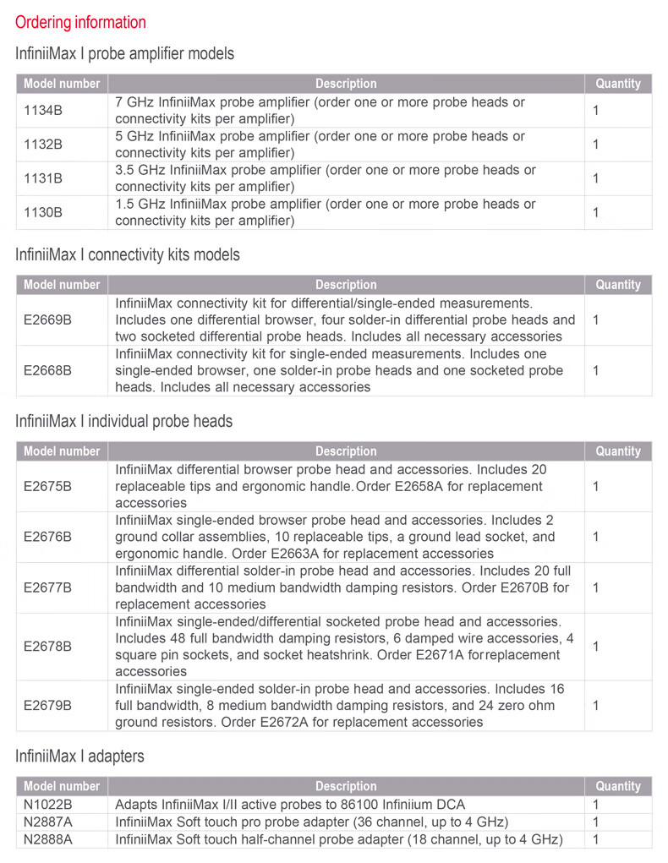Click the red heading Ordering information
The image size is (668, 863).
(80, 23)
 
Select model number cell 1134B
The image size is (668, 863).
(43, 111)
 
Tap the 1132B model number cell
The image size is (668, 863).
(43, 145)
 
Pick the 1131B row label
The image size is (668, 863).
(43, 178)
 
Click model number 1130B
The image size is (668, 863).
(43, 212)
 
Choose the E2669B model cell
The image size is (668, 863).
(47, 320)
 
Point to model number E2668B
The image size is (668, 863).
(47, 370)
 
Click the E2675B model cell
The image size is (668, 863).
(47, 486)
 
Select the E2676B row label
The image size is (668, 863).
(47, 537)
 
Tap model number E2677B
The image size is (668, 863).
(47, 587)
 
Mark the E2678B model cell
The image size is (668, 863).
(47, 647)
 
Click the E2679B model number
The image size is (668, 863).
(47, 706)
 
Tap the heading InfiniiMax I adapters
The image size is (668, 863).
(79, 756)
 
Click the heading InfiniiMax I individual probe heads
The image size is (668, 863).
(123, 421)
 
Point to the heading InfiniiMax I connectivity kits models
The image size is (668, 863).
(128, 254)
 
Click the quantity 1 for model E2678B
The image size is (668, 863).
(596, 647)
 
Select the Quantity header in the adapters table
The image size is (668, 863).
(618, 786)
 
